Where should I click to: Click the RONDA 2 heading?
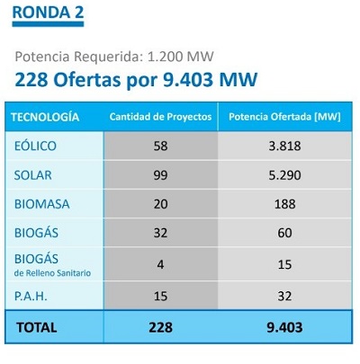click(48, 13)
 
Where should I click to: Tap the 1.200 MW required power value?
click(180, 57)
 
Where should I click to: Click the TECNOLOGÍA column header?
click(45, 117)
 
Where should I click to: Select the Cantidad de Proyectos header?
click(160, 117)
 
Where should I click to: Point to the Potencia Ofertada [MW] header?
click(284, 117)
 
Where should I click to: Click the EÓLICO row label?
click(35, 146)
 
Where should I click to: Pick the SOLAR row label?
click(33, 175)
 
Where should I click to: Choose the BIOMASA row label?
click(42, 204)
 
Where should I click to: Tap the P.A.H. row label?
click(31, 297)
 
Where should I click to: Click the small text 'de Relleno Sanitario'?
click(52, 273)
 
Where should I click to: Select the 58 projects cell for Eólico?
click(160, 146)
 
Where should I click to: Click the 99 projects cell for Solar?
click(160, 175)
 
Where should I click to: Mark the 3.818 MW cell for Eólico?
click(284, 146)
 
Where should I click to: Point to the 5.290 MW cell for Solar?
click(284, 175)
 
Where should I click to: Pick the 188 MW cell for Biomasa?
click(284, 204)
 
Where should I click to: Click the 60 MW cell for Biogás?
click(284, 233)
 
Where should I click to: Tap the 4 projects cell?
click(160, 264)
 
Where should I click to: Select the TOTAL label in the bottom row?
click(37, 327)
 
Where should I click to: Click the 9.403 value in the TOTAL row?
click(284, 327)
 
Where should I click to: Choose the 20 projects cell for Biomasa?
click(160, 204)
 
